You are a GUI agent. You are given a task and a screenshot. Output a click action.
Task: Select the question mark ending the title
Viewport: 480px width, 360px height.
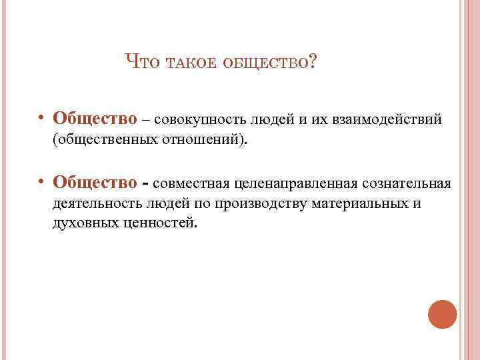point(313,63)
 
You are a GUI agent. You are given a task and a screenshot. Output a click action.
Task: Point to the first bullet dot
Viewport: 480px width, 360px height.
point(41,119)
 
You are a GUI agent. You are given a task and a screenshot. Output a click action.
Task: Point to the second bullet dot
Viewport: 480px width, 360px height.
point(41,182)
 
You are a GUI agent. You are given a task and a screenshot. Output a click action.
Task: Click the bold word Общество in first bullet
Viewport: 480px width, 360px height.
point(95,119)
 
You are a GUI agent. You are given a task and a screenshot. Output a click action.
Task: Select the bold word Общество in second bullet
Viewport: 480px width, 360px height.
point(95,182)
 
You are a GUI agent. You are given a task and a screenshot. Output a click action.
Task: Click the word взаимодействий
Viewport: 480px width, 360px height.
point(381,120)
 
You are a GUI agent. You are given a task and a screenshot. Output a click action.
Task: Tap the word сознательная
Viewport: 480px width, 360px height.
point(407,183)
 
